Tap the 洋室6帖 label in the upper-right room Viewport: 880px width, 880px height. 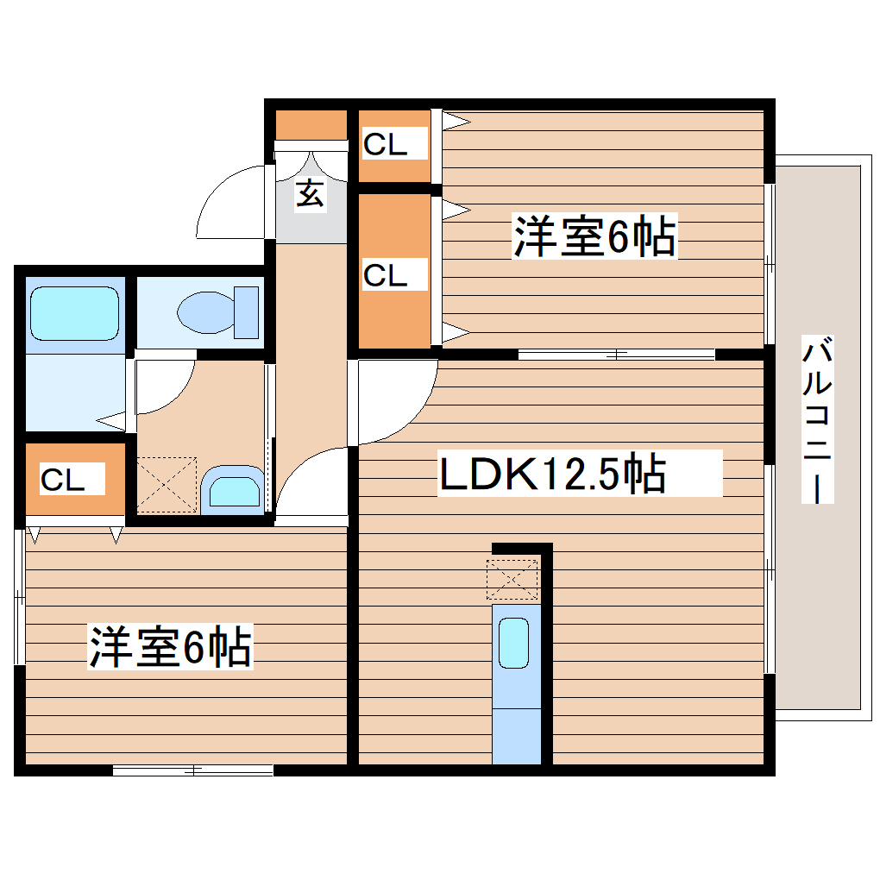tap(594, 237)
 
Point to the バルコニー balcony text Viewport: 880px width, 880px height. tap(819, 421)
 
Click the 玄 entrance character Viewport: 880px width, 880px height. tap(311, 194)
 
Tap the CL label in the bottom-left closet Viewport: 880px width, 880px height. tap(63, 481)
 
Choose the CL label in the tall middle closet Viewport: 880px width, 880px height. tap(385, 276)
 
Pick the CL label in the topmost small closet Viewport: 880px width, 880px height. tap(385, 145)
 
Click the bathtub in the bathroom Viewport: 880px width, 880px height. tap(73, 314)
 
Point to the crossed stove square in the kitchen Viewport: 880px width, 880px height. tap(512, 579)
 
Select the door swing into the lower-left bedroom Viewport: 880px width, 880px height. tap(311, 483)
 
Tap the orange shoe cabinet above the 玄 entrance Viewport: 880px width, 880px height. tap(311, 126)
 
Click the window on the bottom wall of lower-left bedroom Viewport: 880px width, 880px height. tap(193, 770)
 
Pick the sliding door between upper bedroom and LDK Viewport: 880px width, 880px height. tap(616, 354)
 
